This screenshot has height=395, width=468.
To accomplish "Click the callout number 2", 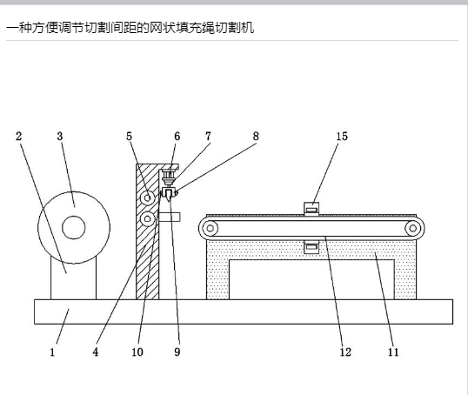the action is (x=19, y=136).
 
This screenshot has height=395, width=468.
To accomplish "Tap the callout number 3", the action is (x=60, y=136).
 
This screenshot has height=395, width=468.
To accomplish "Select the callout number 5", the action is (x=129, y=136).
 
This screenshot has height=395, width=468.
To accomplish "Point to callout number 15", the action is (x=342, y=136).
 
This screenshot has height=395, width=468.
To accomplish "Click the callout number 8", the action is (x=256, y=136).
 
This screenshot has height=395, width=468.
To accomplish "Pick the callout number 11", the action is (x=393, y=352).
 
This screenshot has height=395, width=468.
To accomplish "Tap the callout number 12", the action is (x=345, y=352).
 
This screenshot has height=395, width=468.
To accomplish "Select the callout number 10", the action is (x=137, y=352).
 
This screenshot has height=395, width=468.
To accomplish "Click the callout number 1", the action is (x=52, y=352).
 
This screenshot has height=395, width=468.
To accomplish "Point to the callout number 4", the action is (x=96, y=352).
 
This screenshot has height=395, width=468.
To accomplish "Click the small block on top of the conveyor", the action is (x=311, y=209).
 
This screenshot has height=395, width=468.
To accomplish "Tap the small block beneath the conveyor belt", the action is (x=311, y=247).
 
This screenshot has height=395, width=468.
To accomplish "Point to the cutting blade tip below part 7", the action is (x=170, y=201).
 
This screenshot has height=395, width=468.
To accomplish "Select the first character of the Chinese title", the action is (x=12, y=28).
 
